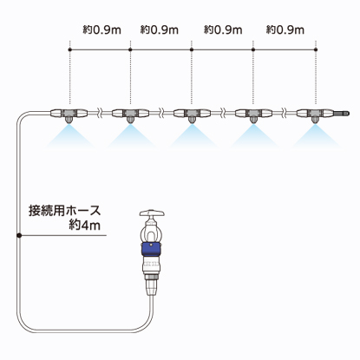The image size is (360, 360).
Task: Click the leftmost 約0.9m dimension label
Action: (101, 29)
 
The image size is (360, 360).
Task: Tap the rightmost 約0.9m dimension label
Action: (285, 29)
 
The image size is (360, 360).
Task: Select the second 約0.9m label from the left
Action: (160, 29)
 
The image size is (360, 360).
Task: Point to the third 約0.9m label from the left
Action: (223, 29)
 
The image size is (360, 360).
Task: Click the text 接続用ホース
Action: (65, 211)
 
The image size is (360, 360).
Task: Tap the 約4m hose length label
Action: (85, 226)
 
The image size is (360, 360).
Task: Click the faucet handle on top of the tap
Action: (152, 213)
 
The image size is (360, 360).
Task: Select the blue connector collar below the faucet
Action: (152, 249)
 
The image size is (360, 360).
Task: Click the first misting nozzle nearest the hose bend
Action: (69, 115)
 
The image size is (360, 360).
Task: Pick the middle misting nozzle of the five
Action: (192, 115)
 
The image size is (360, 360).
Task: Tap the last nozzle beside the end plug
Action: (315, 115)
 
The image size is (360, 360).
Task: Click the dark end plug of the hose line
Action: (342, 113)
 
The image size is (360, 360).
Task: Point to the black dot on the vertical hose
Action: (19, 235)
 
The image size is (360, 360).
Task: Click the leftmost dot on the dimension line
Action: (69, 49)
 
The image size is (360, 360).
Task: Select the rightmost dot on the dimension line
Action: (316, 49)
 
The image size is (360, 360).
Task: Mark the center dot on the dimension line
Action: (192, 49)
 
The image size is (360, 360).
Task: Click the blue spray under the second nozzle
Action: (130, 136)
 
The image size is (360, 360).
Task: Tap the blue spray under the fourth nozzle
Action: (253, 136)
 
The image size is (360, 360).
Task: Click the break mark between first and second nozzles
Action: (99, 113)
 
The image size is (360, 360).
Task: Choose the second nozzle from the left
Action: (130, 115)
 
